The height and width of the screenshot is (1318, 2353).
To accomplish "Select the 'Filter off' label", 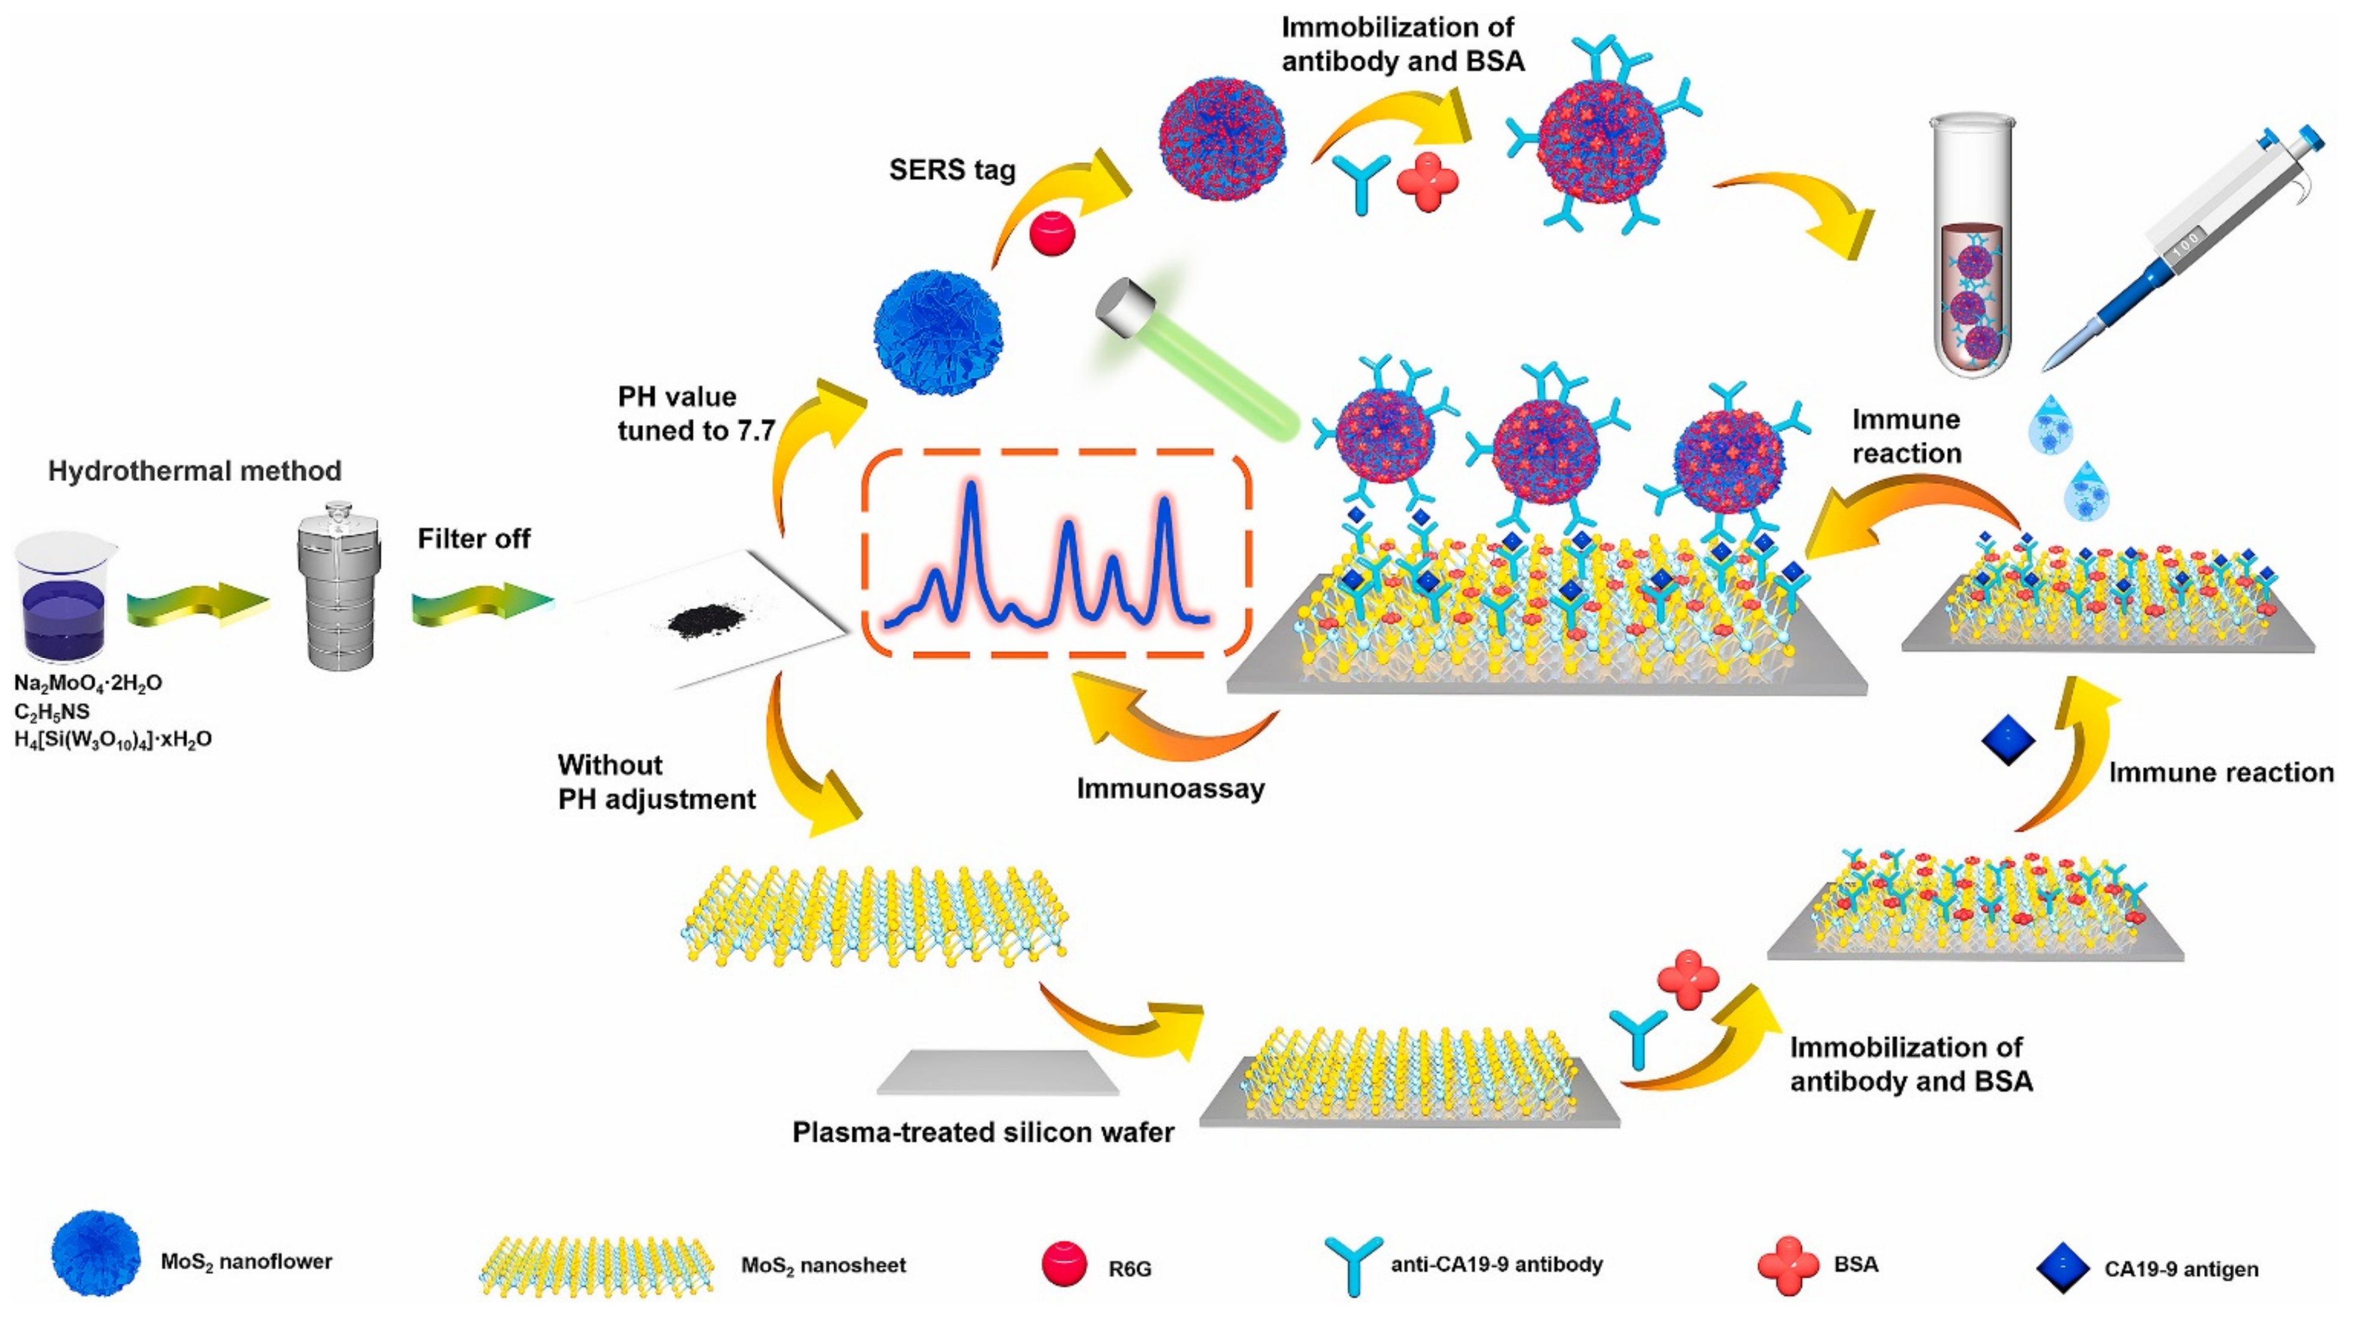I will click(x=473, y=539).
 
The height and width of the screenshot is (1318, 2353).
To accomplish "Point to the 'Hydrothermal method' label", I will click(x=194, y=471).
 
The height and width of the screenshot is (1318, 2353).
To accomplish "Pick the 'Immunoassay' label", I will click(x=1170, y=788).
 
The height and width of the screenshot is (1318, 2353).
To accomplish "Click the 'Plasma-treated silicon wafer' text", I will click(x=983, y=1133).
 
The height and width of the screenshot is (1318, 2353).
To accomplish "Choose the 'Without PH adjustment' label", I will click(x=656, y=782).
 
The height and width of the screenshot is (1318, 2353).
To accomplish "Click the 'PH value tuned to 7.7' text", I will click(x=696, y=414).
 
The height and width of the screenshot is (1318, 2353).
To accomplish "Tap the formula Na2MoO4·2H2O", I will click(x=88, y=683).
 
